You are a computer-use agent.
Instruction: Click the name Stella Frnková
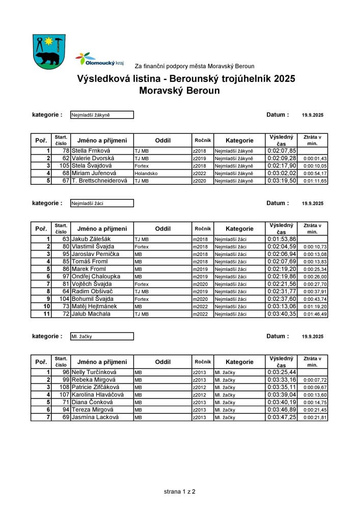pos(94,151)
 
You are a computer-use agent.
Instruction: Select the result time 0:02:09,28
pos(282,158)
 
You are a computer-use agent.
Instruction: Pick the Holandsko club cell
pos(146,173)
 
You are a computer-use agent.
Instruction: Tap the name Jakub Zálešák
pos(94,239)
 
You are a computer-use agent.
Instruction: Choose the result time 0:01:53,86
pos(282,239)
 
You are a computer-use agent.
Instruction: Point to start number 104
pos(63,299)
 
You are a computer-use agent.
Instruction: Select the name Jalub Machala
pos(91,314)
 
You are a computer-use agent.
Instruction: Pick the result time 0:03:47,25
pos(282,417)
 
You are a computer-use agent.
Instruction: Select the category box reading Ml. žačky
pos(102,336)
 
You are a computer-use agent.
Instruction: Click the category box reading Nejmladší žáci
pos(102,203)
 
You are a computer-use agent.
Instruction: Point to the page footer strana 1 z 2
pos(180,492)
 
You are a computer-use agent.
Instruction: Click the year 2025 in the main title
pos(284,79)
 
